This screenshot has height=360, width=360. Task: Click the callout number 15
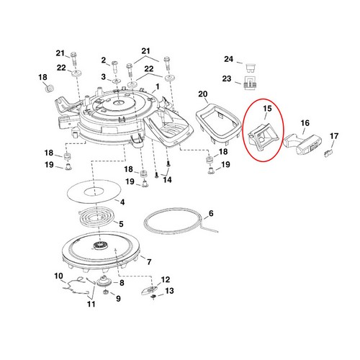(267, 109)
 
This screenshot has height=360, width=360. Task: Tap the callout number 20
(203, 94)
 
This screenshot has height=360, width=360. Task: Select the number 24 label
(229, 59)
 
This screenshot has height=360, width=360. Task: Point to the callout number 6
(211, 213)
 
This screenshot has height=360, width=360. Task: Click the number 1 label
(158, 86)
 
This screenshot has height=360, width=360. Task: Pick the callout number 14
(167, 180)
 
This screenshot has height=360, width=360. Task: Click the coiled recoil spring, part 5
(96, 217)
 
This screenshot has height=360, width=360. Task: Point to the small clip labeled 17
(328, 153)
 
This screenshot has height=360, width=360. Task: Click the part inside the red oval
(264, 135)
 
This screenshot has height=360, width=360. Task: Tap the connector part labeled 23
(250, 83)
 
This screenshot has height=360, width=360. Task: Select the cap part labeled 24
(251, 67)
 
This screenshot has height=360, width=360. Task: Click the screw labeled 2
(114, 67)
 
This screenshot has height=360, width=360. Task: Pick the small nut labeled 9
(105, 292)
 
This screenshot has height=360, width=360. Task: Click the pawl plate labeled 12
(149, 290)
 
